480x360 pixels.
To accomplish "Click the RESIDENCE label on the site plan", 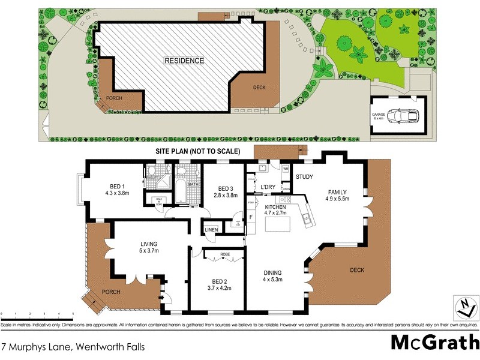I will [x=185, y=61].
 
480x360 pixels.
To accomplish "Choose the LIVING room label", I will [x=149, y=244].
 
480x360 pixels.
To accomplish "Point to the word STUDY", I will [x=305, y=177].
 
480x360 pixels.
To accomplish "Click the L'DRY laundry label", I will [x=268, y=187].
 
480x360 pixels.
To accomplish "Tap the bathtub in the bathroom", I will [x=181, y=191].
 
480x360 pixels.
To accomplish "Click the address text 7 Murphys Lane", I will [x=73, y=347].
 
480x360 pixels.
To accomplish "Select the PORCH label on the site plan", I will [x=114, y=98].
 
